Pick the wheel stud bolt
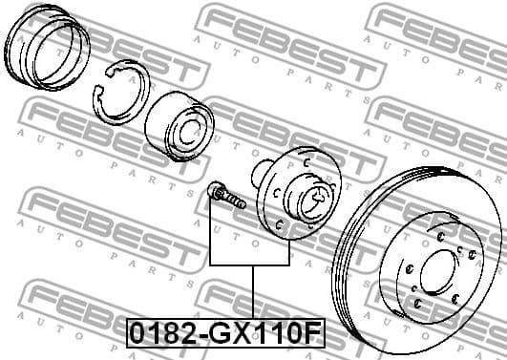(224, 197)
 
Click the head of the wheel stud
(214, 192)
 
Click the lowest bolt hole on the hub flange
(280, 225)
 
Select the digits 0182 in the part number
(157, 335)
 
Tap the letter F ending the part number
(312, 335)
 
